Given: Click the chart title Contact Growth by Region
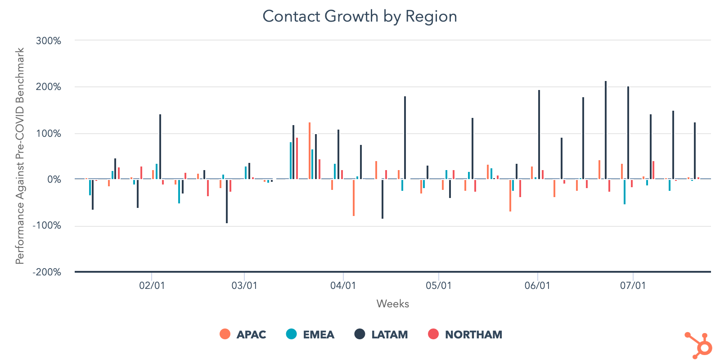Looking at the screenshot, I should [x=360, y=17].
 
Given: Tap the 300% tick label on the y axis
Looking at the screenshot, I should [x=48, y=41].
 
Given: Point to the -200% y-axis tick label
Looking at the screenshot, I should [x=46, y=272].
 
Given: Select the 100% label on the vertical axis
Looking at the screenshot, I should [x=48, y=134].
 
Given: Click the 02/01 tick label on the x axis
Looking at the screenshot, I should [x=152, y=286].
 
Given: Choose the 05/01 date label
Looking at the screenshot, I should [x=438, y=286].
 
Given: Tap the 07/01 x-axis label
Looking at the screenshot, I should [x=633, y=286].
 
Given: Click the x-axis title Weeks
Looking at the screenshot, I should [x=392, y=304].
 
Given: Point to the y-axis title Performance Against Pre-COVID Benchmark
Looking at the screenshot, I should [x=20, y=156].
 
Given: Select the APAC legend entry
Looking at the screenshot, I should [x=243, y=334].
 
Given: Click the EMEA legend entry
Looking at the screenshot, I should [x=310, y=334].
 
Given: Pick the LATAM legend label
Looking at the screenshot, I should [x=381, y=334].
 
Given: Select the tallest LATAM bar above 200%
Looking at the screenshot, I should [x=606, y=130].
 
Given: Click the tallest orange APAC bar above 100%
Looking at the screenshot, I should [x=310, y=151].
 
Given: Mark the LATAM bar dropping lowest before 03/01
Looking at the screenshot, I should [x=227, y=201].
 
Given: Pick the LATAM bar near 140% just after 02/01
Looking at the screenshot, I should [x=160, y=147].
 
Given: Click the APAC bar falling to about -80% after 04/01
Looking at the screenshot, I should [x=354, y=198].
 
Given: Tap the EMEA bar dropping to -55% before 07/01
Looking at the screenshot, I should [x=625, y=192].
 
